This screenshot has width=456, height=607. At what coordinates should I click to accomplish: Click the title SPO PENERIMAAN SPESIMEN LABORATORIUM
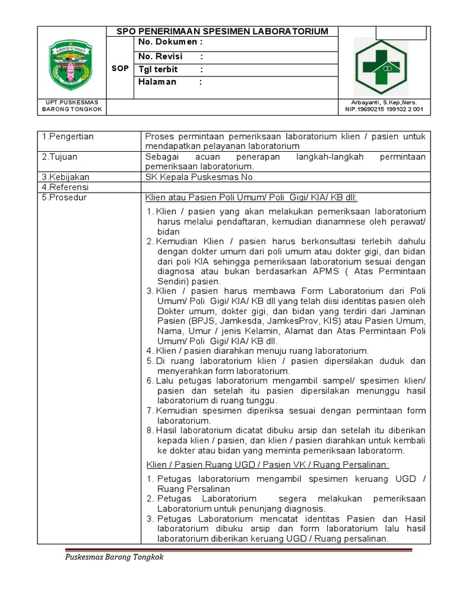pos(223,31)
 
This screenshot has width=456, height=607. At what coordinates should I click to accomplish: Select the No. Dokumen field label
pos(170,43)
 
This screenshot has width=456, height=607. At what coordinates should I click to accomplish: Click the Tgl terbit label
pos(159,69)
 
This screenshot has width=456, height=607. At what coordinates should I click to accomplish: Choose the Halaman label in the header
pos(157,82)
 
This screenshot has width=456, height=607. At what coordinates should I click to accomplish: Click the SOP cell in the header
pos(120,69)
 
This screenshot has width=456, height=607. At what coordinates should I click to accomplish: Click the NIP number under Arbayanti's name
pos(385,110)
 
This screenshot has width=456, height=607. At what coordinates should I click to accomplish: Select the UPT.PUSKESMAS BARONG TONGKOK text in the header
pos(72,106)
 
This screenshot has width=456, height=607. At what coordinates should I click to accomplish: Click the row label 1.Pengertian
pos(68,137)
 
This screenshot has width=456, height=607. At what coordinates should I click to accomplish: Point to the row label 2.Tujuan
pos(60,157)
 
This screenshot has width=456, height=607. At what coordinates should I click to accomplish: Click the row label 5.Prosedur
pos(64,198)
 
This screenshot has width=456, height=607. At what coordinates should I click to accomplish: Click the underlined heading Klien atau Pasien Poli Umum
pos(251,198)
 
